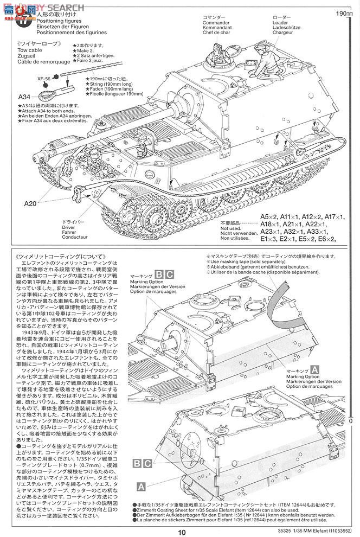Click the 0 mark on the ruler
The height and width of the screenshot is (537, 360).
click(351, 420)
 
